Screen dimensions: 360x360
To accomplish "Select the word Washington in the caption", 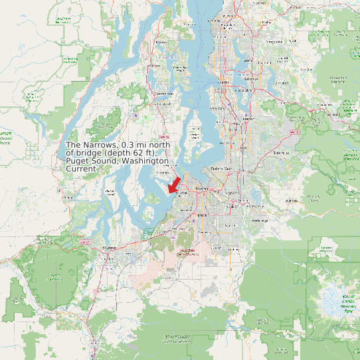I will [x=141, y=161].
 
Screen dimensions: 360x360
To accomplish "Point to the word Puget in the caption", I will [x=78, y=161].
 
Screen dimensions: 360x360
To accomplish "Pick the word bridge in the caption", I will [x=89, y=153].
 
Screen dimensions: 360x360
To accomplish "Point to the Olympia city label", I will [x=110, y=247].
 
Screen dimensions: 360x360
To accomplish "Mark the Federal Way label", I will [x=222, y=169].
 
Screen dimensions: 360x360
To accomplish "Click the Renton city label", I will [x=248, y=118].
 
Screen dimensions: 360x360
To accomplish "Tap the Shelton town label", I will [x=67, y=197].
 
